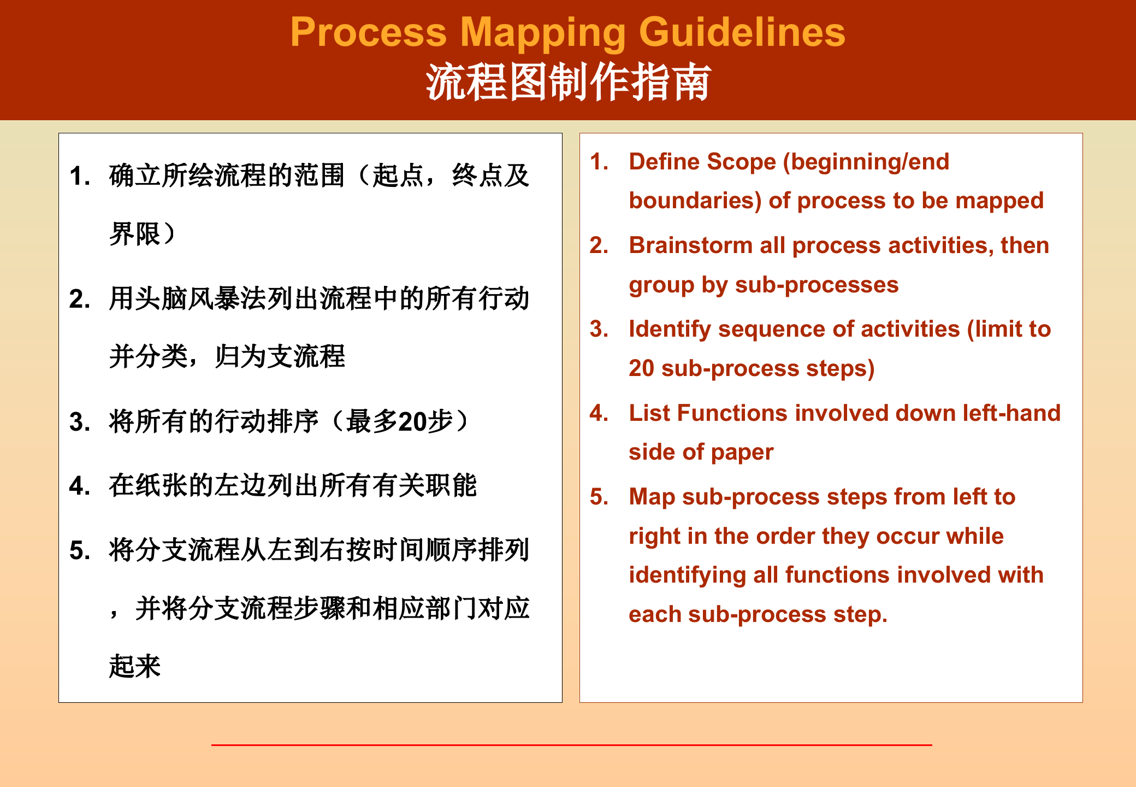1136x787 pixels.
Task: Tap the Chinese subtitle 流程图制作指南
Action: pos(568,82)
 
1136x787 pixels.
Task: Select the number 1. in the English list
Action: pos(599,162)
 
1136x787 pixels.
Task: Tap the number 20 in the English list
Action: pos(641,368)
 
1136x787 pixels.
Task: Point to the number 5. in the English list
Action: pos(599,497)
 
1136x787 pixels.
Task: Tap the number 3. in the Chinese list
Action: pos(80,422)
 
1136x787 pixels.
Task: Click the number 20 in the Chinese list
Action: pos(412,422)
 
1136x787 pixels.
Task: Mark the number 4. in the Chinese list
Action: pos(80,486)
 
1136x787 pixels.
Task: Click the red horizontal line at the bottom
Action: pos(571,744)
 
